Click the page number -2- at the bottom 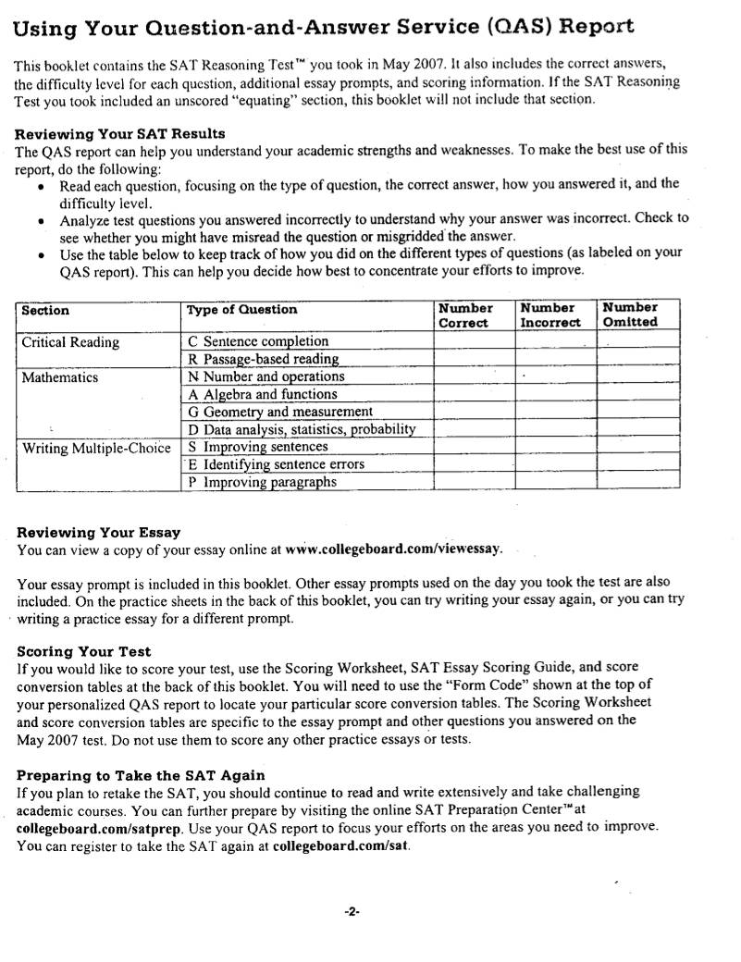click(x=352, y=910)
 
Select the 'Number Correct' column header click(x=464, y=314)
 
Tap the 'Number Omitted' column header click(x=630, y=314)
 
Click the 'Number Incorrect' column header click(x=550, y=314)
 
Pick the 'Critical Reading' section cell click(x=70, y=342)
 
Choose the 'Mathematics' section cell click(x=60, y=377)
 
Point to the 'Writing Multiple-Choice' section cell click(x=97, y=449)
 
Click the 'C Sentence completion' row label click(x=258, y=341)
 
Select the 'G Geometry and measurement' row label click(x=280, y=412)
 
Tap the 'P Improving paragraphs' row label click(x=262, y=482)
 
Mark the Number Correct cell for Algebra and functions click(x=474, y=395)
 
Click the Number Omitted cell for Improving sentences click(x=638, y=448)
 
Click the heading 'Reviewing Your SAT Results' click(x=120, y=134)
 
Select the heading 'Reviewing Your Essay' click(x=99, y=533)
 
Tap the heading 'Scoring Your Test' click(x=84, y=651)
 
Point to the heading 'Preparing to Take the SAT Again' click(x=141, y=775)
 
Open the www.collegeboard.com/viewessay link click(x=393, y=549)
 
